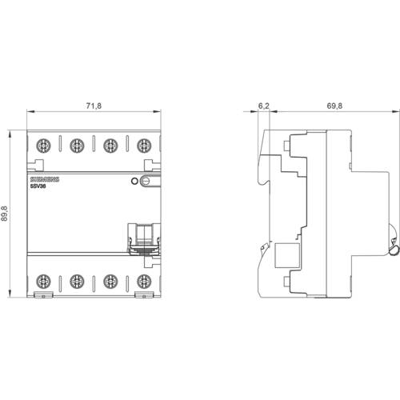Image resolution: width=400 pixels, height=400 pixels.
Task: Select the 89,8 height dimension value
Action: (x=6, y=214)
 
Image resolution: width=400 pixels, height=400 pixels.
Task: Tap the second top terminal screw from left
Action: (x=77, y=146)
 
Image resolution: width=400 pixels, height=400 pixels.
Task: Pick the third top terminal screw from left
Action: (x=110, y=146)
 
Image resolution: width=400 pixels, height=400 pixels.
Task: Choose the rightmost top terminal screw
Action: (x=144, y=146)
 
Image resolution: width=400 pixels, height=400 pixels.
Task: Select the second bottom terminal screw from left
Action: (x=77, y=281)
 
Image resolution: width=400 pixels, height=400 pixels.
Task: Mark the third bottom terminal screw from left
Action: (x=110, y=281)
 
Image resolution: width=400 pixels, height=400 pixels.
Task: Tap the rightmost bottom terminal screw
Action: (x=144, y=281)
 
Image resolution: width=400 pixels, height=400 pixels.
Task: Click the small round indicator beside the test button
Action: (x=134, y=182)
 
